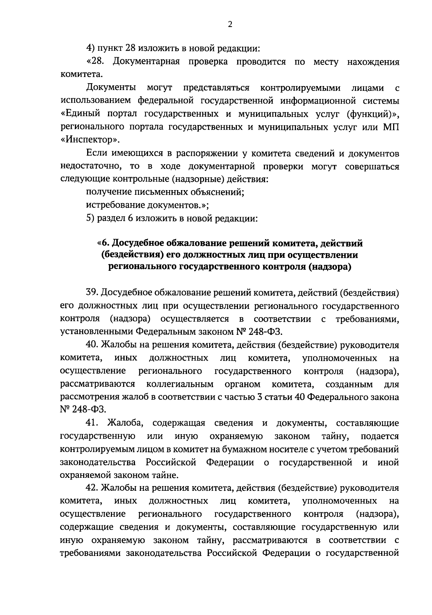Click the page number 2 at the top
click(x=230, y=24)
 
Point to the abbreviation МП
click(x=391, y=127)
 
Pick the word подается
click(x=380, y=436)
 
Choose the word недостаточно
click(x=86, y=167)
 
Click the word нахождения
click(x=373, y=62)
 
